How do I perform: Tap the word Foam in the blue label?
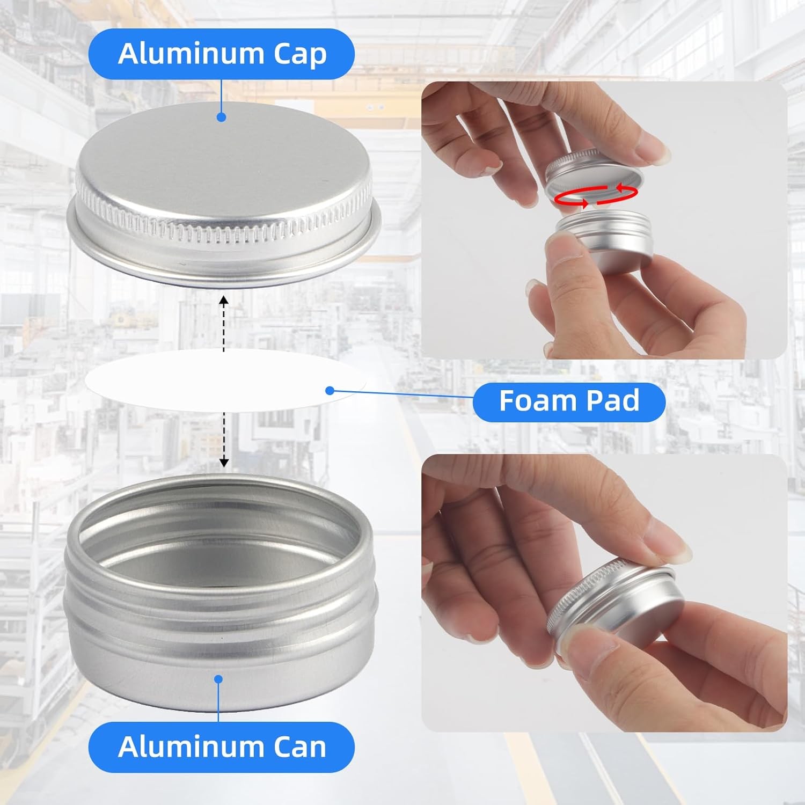[534, 401]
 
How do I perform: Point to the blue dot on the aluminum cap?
[221, 117]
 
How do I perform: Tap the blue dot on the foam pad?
[330, 391]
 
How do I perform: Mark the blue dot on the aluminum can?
[218, 679]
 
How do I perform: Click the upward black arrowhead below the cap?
[224, 301]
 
